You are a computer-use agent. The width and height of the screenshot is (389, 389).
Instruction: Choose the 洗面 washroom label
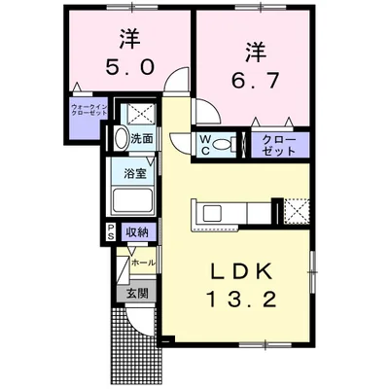[x=142, y=139]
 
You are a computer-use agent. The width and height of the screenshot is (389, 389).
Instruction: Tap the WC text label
[x=206, y=144]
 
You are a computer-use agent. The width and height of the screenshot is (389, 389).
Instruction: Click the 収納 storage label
[x=135, y=231]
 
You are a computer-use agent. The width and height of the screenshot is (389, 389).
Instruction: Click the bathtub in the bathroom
[x=134, y=202]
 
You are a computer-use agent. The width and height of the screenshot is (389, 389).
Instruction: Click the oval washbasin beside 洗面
[x=122, y=139]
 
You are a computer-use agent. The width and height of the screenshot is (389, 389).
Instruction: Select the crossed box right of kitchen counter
[x=295, y=210]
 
